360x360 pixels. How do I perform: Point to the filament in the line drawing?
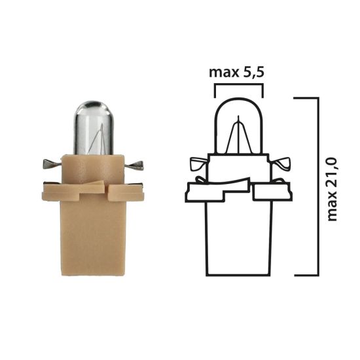click(x=239, y=137)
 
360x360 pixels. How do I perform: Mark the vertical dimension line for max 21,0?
click(x=317, y=187)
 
